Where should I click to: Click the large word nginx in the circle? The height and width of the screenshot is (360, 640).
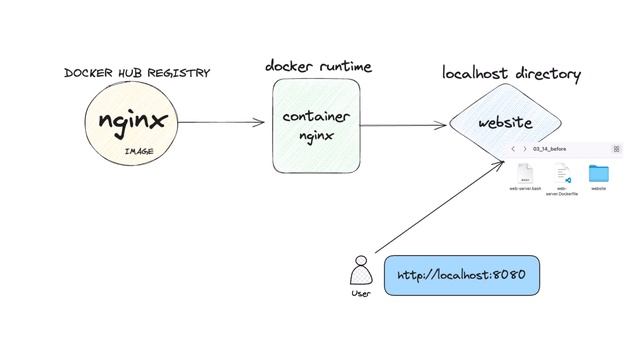(132, 121)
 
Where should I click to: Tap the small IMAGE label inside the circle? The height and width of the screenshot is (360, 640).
(138, 151)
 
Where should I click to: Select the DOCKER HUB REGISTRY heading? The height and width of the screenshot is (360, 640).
(137, 73)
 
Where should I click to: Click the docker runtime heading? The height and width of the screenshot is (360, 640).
(318, 66)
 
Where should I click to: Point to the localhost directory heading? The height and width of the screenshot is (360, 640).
(511, 74)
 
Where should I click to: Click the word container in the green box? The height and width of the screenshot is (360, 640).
(316, 117)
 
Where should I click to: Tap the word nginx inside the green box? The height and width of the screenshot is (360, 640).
(316, 136)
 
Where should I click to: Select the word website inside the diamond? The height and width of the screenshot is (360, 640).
(505, 123)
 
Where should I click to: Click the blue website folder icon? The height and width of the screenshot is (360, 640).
(599, 173)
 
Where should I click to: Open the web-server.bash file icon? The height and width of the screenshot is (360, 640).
(525, 172)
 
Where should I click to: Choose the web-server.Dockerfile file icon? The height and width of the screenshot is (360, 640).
(562, 173)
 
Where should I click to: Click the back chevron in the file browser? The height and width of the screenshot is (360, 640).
(513, 149)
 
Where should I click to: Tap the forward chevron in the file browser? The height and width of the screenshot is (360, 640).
(525, 149)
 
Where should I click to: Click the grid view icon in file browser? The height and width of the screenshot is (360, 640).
(616, 149)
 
